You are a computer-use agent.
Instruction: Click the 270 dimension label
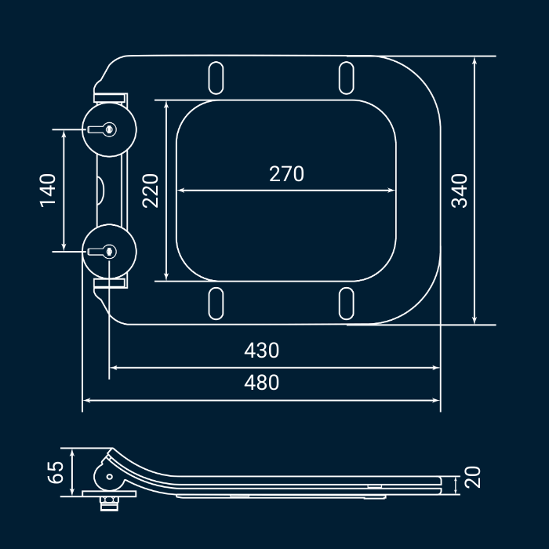click(286, 173)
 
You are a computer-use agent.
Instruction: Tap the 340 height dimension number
click(460, 191)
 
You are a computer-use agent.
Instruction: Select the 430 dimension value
click(261, 350)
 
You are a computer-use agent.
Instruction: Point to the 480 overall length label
click(261, 383)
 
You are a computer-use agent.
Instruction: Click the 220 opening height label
click(151, 191)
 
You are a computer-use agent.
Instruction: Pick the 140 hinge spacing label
click(48, 191)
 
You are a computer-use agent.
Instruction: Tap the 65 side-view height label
click(56, 472)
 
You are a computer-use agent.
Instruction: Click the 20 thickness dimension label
click(472, 477)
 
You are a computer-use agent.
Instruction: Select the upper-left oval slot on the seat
click(216, 78)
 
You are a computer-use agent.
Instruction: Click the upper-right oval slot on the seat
click(347, 78)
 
